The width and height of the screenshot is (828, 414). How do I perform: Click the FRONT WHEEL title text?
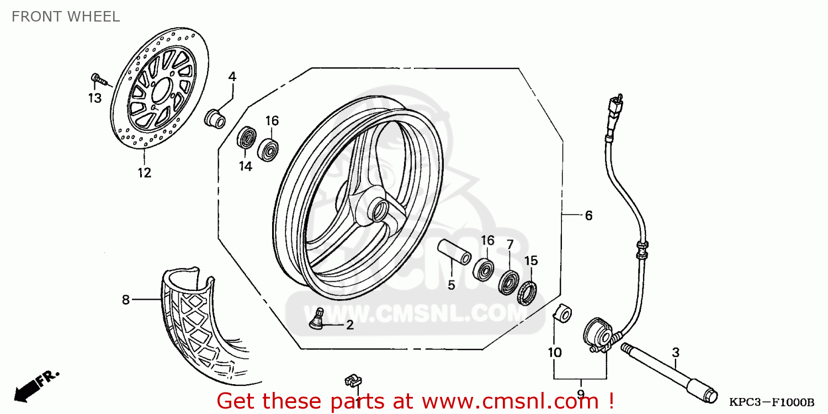click(65, 17)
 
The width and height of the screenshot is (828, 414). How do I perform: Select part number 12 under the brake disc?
click(144, 173)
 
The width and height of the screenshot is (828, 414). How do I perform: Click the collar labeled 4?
click(215, 119)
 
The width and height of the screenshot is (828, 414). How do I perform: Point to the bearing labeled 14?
click(246, 138)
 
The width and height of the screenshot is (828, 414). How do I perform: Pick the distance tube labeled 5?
click(454, 252)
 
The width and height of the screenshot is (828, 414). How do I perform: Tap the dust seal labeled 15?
click(528, 292)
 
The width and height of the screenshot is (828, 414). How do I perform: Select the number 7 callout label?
click(509, 244)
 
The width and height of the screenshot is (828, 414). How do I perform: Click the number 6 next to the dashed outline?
click(588, 215)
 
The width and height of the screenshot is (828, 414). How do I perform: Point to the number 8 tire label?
click(126, 300)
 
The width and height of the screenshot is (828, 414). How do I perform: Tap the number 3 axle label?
click(675, 352)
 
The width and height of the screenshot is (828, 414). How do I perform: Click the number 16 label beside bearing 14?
click(272, 121)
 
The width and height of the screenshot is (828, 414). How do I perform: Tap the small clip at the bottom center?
click(352, 380)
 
